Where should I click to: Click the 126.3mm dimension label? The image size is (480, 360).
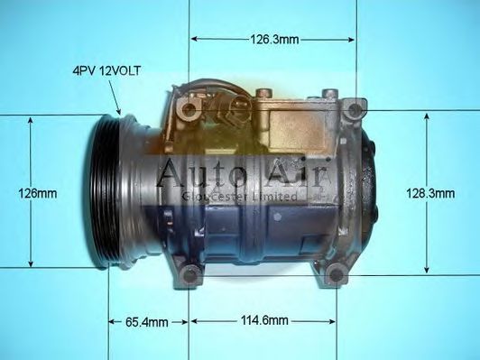[274, 40]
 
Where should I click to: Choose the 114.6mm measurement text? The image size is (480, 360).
[263, 321]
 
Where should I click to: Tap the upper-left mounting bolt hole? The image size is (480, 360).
[189, 111]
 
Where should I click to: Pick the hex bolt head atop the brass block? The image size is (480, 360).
[263, 93]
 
